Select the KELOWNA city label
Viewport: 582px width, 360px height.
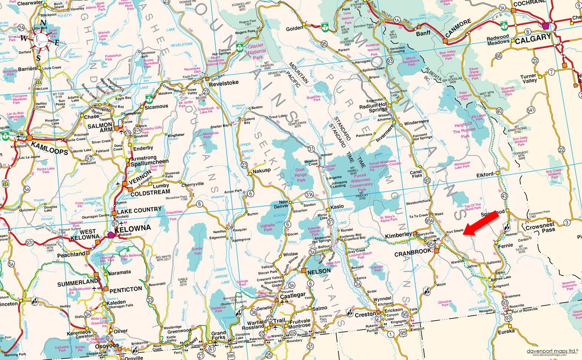point(133,228)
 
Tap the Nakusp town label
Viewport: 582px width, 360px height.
point(262,171)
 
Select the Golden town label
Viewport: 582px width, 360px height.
point(295,28)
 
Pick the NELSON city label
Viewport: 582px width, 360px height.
point(319,271)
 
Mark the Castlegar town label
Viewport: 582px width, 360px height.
point(292,295)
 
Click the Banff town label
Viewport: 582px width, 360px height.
point(423,33)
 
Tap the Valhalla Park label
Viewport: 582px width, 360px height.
point(268,227)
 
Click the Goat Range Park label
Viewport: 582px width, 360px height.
point(301,175)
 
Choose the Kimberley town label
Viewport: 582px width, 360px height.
point(398,235)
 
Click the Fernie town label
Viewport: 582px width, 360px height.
point(505,245)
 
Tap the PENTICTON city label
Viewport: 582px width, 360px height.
point(126,289)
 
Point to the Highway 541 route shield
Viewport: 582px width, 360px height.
point(531,110)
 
